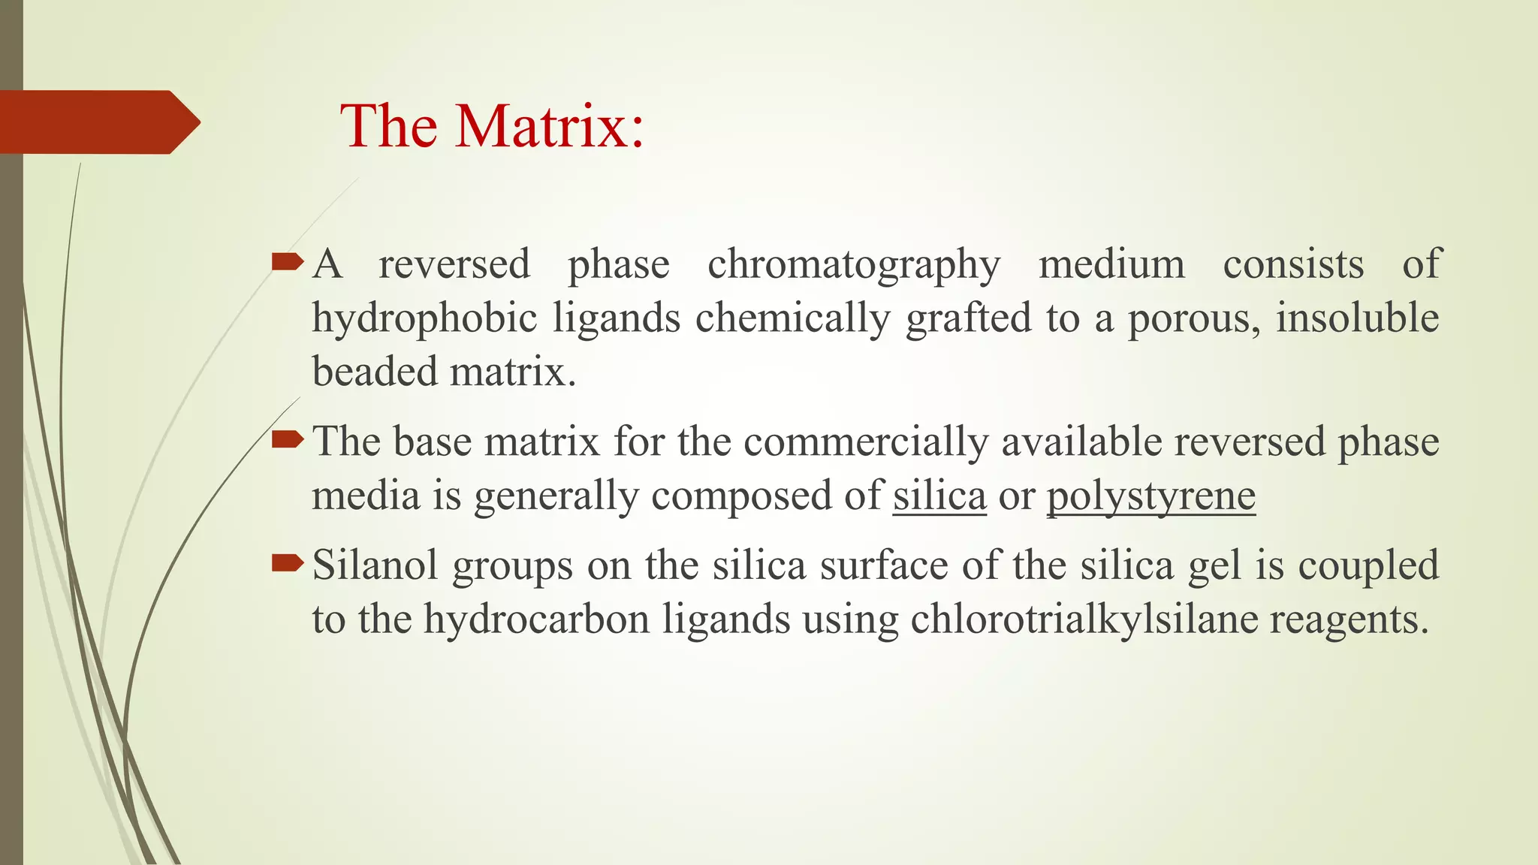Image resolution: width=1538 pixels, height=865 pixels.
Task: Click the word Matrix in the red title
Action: (550, 125)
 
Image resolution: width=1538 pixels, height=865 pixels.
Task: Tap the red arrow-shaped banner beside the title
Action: (98, 122)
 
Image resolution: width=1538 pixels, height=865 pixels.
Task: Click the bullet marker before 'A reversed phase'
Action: (288, 262)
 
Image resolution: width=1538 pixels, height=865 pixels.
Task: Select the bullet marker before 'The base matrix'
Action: (288, 439)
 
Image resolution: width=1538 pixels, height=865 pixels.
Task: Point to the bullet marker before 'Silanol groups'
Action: (288, 563)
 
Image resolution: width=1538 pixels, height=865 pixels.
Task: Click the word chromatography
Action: (854, 265)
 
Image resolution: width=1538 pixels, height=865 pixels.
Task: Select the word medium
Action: (1111, 265)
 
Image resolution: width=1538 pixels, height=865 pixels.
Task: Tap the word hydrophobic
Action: (424, 318)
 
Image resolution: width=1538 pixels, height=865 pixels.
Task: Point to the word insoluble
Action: (1357, 318)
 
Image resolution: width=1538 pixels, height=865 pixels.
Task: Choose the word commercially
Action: (866, 442)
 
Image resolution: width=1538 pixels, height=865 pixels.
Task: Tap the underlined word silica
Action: (939, 496)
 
